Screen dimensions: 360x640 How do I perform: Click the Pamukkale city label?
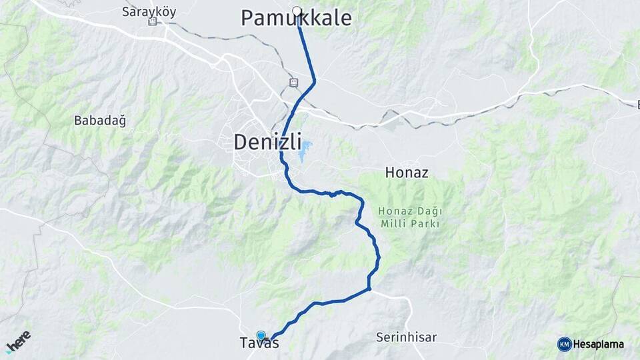point(296,19)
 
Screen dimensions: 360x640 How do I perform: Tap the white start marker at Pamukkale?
point(297,11)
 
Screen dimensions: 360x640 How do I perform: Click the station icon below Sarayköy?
point(153,22)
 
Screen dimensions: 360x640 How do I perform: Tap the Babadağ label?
point(100,121)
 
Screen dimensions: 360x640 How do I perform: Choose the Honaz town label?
point(407,173)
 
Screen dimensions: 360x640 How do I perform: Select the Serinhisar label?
point(406,337)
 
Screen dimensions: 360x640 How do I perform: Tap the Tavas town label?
point(259,344)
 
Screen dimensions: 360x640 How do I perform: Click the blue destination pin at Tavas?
point(261,337)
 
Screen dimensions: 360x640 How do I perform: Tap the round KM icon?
point(564,344)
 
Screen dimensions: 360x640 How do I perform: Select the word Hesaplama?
point(599,344)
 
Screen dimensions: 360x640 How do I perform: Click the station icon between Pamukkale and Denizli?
point(293,82)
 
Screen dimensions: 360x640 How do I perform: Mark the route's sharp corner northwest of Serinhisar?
point(369,289)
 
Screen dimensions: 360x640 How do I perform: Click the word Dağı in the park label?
point(429,211)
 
